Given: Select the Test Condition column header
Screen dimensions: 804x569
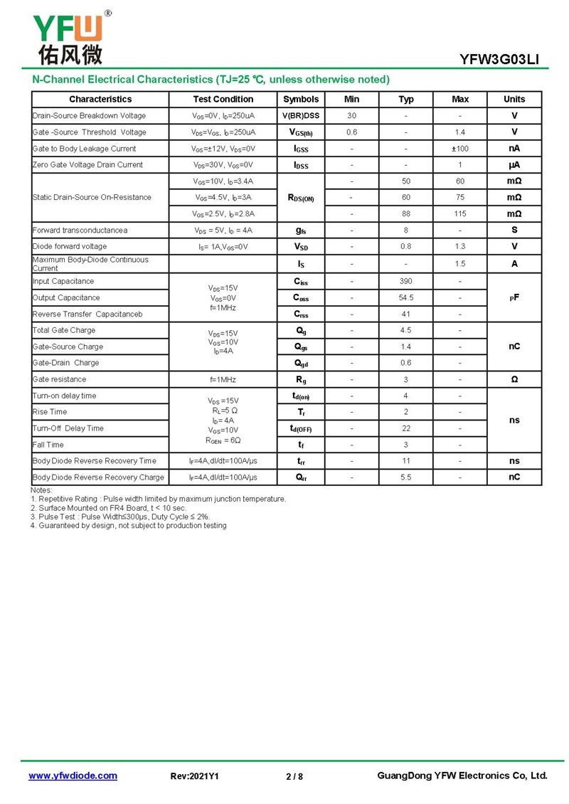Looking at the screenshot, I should pos(223,100).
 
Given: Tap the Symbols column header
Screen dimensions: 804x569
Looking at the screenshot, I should pos(301,100).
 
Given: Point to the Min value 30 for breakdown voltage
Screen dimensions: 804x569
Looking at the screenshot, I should pos(351,116).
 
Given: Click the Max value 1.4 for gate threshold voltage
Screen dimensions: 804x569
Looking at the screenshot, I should pos(460,132).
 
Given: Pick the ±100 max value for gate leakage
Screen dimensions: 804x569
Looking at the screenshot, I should pos(460,149).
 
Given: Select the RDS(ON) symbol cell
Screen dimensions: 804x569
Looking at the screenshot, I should pos(301,198).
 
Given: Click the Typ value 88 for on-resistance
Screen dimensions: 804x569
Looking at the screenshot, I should pos(406,213).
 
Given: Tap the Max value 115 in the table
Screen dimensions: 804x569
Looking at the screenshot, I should pos(460,213).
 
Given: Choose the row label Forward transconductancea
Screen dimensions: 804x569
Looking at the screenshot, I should pos(80,231).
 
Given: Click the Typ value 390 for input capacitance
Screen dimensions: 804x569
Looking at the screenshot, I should pos(406,282).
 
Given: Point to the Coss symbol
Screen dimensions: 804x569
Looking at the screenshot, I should pos(301,298).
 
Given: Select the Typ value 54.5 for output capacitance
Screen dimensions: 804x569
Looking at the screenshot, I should pos(406,298).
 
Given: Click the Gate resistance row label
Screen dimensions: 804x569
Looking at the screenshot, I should pos(59,380).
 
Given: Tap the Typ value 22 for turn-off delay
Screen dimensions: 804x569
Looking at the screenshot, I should pos(406,428).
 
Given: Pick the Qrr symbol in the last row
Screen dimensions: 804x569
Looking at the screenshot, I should pos(301,477).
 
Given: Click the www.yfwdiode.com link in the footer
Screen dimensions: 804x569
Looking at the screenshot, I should pos(73,776).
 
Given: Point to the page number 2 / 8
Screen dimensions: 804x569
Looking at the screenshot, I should pos(294,776).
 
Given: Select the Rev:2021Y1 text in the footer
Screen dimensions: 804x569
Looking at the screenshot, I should pos(195,776).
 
